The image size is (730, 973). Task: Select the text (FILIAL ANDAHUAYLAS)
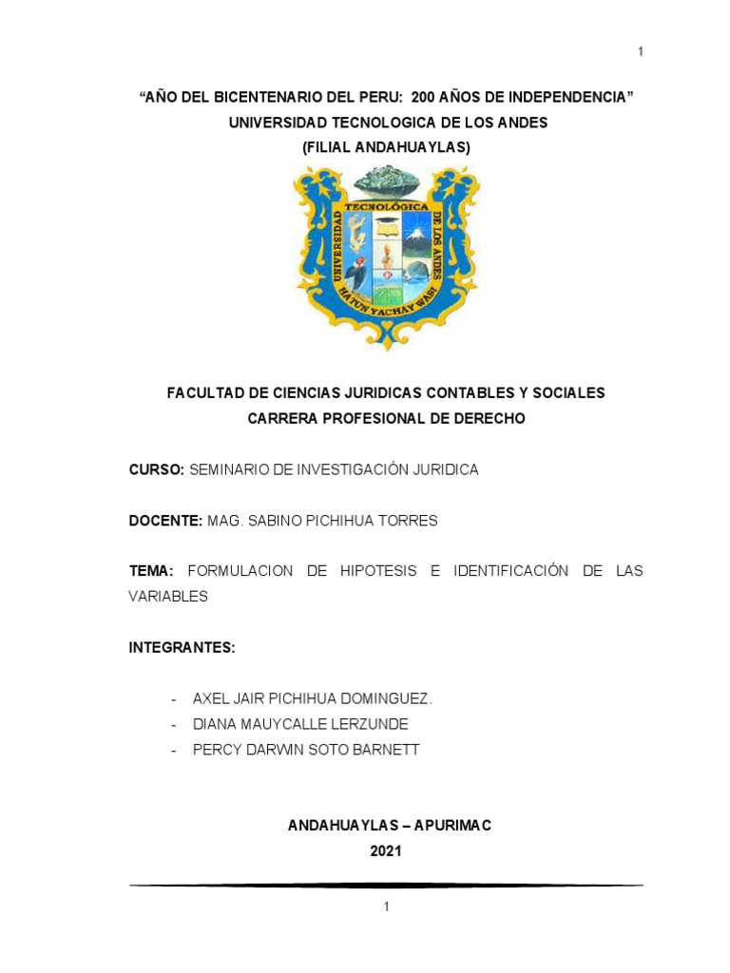pyautogui.click(x=386, y=148)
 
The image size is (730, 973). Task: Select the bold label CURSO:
pyautogui.click(x=157, y=469)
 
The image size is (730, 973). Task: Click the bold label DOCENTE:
pyautogui.click(x=165, y=521)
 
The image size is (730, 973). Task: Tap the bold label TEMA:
pyautogui.click(x=151, y=571)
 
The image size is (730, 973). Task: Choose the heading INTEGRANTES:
pyautogui.click(x=182, y=647)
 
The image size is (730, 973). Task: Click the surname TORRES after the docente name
pyautogui.click(x=412, y=521)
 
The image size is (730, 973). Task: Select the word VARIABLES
pyautogui.click(x=167, y=597)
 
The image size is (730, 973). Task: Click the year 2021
pyautogui.click(x=386, y=851)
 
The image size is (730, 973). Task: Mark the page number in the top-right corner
pyautogui.click(x=641, y=51)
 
